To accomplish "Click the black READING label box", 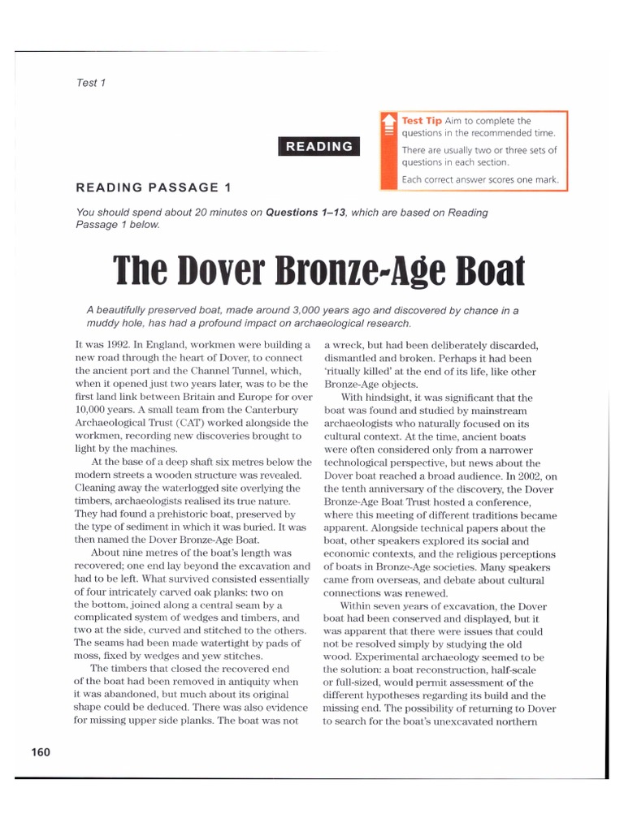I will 319,147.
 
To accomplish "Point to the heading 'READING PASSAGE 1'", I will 154,187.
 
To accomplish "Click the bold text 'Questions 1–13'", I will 307,213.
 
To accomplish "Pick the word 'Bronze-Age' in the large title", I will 352,273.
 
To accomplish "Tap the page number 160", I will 40,751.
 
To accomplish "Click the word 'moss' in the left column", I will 87,656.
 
